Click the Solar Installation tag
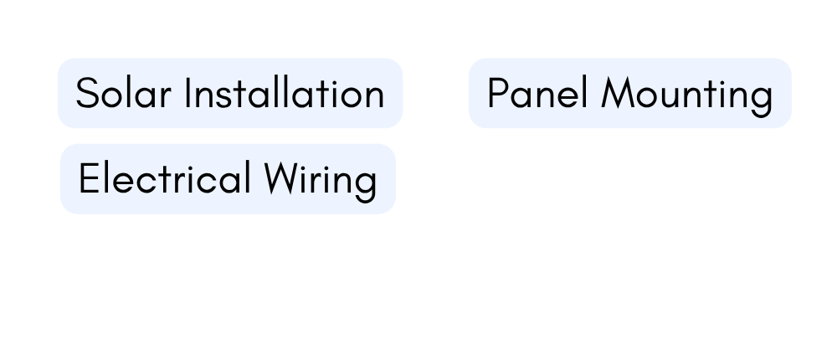(x=230, y=93)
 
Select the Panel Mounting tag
(x=630, y=93)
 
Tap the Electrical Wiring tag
(x=228, y=179)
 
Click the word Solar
(x=123, y=93)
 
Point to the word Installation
(x=284, y=93)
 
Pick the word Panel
(x=537, y=93)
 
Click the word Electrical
(x=164, y=177)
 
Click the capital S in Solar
(x=87, y=93)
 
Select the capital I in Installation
(x=187, y=93)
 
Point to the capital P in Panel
(x=499, y=93)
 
